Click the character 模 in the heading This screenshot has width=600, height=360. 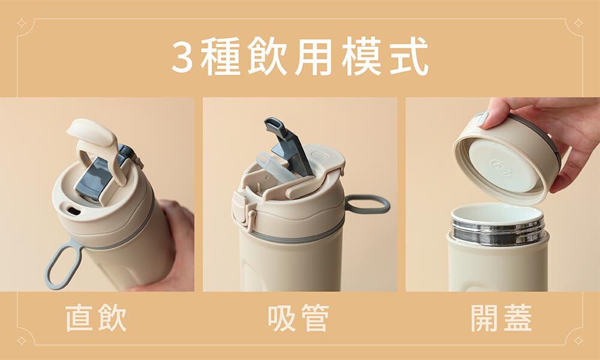click(x=361, y=56)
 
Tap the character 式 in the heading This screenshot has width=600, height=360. click(x=409, y=56)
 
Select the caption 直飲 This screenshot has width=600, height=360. click(x=95, y=318)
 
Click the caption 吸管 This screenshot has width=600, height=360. click(x=298, y=318)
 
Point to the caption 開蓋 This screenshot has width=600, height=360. click(x=501, y=318)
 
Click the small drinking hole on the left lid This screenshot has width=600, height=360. click(x=73, y=211)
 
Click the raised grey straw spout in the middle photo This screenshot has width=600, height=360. click(x=287, y=145)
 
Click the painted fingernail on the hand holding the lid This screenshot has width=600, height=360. click(x=483, y=119)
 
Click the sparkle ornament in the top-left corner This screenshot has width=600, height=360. click(x=22, y=23)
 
